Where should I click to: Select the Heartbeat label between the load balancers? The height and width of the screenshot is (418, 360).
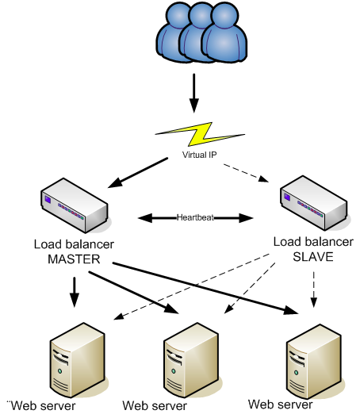(x=194, y=216)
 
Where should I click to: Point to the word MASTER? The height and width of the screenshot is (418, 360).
(x=74, y=258)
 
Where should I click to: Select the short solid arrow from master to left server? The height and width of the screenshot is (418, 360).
(x=74, y=290)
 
